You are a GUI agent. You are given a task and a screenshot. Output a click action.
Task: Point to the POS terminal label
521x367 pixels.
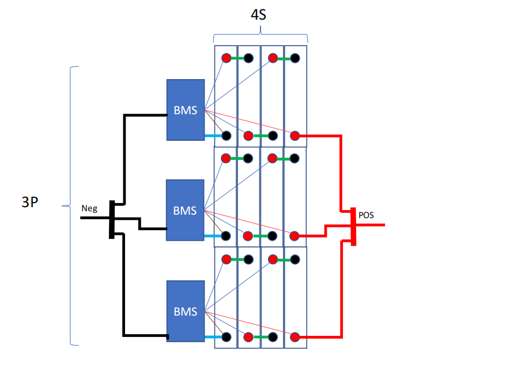click(367, 215)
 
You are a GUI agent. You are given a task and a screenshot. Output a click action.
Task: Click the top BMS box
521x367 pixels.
click(186, 110)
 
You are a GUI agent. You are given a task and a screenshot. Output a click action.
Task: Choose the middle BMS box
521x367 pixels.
click(186, 210)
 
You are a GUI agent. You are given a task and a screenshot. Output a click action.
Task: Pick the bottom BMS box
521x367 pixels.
click(186, 311)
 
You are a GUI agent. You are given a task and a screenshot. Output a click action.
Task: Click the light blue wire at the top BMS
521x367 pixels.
click(213, 136)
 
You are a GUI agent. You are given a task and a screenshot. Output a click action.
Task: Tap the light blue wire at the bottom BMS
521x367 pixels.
click(213, 336)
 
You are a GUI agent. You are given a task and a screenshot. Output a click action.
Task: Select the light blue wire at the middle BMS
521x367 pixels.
click(213, 236)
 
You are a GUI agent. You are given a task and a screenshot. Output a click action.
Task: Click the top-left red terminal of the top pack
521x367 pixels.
click(226, 58)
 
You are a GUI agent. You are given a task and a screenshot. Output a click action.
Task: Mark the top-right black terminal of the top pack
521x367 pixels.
click(295, 58)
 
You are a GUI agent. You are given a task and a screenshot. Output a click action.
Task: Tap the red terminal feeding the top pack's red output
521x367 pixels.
click(295, 136)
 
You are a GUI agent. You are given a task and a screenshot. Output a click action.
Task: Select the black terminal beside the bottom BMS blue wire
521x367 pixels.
click(226, 336)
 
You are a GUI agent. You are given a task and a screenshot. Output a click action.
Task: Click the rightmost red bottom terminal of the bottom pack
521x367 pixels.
click(295, 336)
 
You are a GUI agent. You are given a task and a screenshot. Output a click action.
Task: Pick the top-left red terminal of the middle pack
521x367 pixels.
click(226, 158)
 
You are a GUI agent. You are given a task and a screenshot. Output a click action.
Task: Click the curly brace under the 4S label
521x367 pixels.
click(260, 36)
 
